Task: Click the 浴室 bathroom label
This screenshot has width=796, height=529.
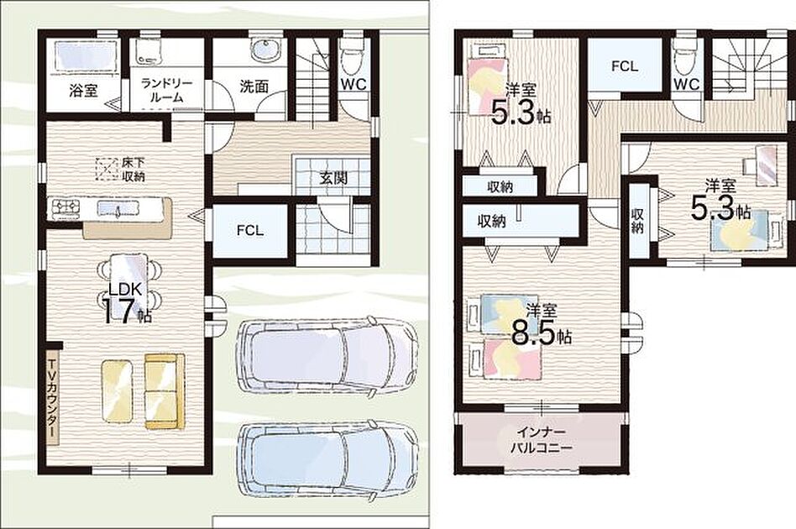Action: click(84, 92)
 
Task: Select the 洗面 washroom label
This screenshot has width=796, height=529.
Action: click(254, 86)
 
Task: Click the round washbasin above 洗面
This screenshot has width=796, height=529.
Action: click(265, 50)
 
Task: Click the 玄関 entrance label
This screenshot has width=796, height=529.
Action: click(333, 178)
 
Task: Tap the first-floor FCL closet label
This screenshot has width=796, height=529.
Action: click(250, 230)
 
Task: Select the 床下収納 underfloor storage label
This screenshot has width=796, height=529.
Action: click(134, 170)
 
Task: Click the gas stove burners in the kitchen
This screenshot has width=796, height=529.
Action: click(65, 207)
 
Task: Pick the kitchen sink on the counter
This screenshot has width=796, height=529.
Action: click(118, 207)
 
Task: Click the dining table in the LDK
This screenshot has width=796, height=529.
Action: click(129, 282)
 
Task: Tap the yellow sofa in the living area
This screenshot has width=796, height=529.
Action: click(165, 391)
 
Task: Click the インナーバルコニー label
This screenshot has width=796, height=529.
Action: click(541, 440)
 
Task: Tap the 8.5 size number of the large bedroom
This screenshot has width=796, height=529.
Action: click(533, 334)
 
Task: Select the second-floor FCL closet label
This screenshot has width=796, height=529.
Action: click(625, 66)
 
